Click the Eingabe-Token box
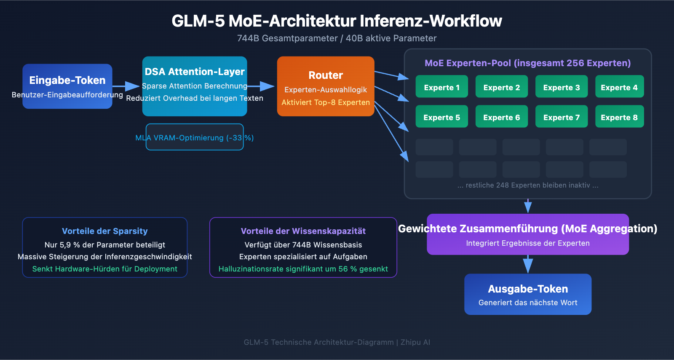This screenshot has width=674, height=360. [x=67, y=86]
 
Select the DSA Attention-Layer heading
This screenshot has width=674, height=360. [x=195, y=72]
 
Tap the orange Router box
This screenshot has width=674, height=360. [x=326, y=86]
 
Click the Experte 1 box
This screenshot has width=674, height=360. [x=441, y=87]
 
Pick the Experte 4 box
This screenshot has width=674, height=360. [x=619, y=87]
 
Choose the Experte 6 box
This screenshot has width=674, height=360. [x=501, y=117]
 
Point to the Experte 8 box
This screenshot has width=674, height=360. [x=619, y=117]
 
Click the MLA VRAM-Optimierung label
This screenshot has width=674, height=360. [x=195, y=137]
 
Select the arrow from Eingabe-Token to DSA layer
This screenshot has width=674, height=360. [x=126, y=86]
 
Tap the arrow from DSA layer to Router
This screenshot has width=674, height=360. [x=261, y=86]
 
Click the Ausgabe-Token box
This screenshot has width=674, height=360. [x=528, y=294]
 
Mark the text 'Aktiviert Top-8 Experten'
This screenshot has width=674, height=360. [x=326, y=102]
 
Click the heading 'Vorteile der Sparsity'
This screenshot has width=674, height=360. [x=105, y=231]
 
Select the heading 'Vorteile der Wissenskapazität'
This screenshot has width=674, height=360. [x=303, y=231]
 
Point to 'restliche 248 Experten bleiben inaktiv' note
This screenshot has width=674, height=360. [x=528, y=185]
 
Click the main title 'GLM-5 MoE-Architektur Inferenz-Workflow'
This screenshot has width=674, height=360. [x=337, y=21]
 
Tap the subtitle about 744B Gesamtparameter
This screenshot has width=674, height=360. [x=337, y=38]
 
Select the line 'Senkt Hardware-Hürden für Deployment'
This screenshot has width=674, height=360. [x=105, y=269]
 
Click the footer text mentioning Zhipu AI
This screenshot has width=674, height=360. [x=337, y=342]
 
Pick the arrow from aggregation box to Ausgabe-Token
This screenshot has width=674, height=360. [x=528, y=265]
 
